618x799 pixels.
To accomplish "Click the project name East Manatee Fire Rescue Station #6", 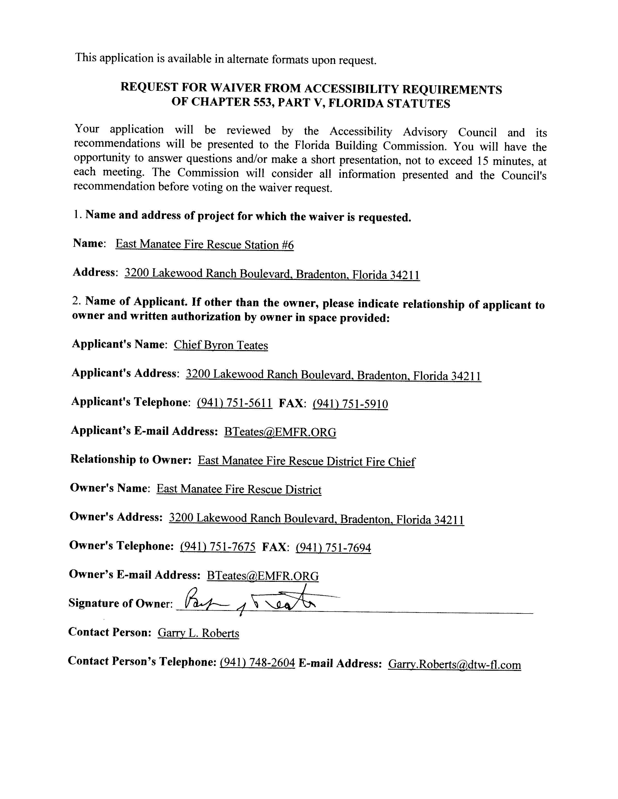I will (204, 244).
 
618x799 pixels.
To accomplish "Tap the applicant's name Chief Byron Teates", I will (221, 345).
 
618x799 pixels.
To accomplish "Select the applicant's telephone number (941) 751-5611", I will (234, 403).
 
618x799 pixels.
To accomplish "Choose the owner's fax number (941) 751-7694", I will (333, 548).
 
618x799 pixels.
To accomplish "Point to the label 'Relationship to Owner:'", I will (131, 460).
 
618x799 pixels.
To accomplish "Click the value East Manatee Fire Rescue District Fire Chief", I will (306, 461).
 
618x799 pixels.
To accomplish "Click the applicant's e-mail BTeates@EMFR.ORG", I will (280, 432).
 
